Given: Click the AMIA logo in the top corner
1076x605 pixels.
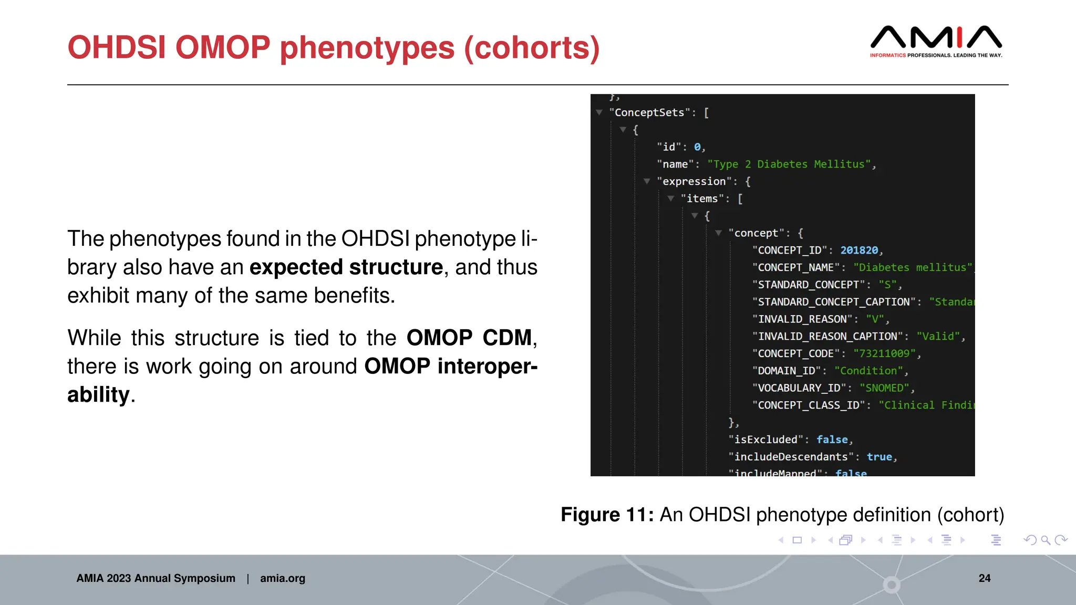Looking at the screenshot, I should pyautogui.click(x=936, y=41).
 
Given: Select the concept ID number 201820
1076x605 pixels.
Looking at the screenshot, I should pyautogui.click(x=859, y=251).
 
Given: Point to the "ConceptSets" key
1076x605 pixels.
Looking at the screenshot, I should pyautogui.click(x=649, y=112).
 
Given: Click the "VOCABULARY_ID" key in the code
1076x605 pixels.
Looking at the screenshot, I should pyautogui.click(x=799, y=388).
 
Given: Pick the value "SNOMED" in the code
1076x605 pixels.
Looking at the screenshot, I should pyautogui.click(x=884, y=388).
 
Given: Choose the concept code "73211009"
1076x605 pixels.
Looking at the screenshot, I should pyautogui.click(x=884, y=353).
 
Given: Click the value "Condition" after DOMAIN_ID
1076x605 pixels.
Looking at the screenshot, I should pyautogui.click(x=868, y=371).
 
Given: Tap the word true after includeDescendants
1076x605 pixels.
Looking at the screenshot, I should pyautogui.click(x=879, y=457).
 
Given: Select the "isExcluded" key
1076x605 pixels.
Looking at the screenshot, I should pyautogui.click(x=765, y=440).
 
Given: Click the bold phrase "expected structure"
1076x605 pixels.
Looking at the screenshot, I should pyautogui.click(x=346, y=267).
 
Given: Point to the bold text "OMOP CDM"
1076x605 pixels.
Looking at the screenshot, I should pyautogui.click(x=469, y=338).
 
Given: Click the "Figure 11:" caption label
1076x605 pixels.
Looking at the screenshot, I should pyautogui.click(x=607, y=515).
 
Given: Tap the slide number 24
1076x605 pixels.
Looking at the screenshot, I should pyautogui.click(x=985, y=578).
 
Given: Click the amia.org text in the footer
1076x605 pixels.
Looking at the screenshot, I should pyautogui.click(x=283, y=578).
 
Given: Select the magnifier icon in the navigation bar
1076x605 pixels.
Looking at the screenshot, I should pyautogui.click(x=1046, y=540).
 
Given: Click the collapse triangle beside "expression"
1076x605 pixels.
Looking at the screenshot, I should pyautogui.click(x=647, y=181).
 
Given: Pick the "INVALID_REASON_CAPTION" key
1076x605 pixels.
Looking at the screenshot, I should pyautogui.click(x=827, y=337).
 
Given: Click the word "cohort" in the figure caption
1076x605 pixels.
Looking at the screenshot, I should pyautogui.click(x=970, y=515).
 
